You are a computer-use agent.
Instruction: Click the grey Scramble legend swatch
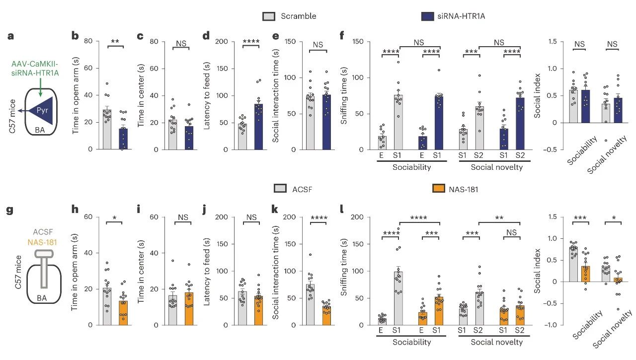(x=269, y=16)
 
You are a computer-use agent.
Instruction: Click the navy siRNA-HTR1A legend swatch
(x=427, y=16)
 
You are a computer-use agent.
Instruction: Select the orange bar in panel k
(x=326, y=315)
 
